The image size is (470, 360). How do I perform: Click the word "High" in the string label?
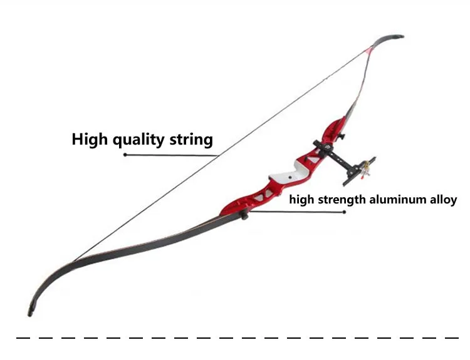click(x=89, y=140)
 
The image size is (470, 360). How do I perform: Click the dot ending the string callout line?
click(x=125, y=155)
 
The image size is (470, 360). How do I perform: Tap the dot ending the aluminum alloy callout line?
click(x=345, y=212)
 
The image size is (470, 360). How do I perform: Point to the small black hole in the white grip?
click(x=290, y=177)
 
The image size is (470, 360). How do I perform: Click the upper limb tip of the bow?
click(x=402, y=36)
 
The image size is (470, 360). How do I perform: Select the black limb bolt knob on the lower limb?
click(x=244, y=215)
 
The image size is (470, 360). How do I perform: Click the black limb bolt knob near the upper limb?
click(x=341, y=137)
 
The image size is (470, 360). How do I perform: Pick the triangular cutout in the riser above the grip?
click(x=313, y=158)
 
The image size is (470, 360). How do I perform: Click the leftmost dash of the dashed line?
click(x=23, y=338)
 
